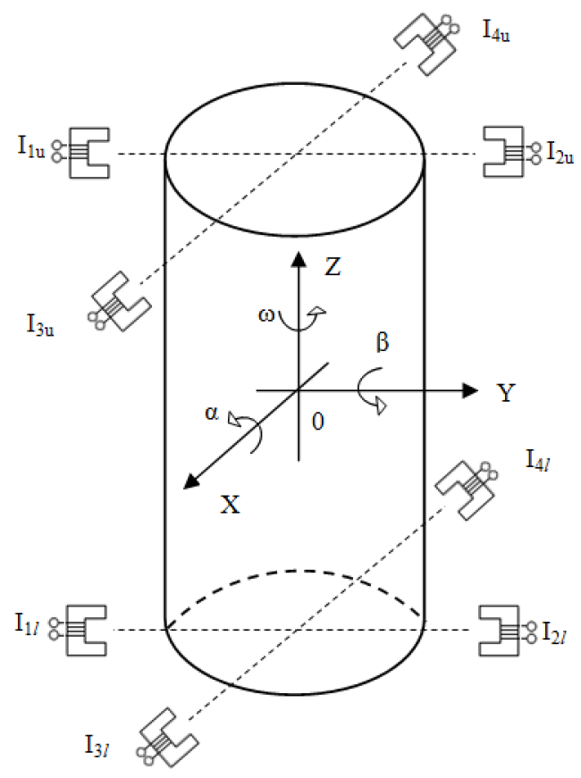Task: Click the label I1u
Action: pos(30,147)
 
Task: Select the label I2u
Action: pos(560,153)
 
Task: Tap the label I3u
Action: pos(39,325)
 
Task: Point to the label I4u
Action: pos(496,30)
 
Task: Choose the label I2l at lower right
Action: pos(554,632)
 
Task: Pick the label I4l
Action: pos(538,460)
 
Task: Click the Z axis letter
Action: pos(333,266)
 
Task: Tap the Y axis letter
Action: pos(506,392)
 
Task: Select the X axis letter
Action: pos(231,505)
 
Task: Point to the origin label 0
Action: pos(318,422)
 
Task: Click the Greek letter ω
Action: pos(266,315)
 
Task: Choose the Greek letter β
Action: pos(382,342)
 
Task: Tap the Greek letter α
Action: pos(212,413)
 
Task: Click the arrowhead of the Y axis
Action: pos(470,390)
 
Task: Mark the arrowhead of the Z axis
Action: pos(299,259)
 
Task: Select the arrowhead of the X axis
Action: pos(191,481)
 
